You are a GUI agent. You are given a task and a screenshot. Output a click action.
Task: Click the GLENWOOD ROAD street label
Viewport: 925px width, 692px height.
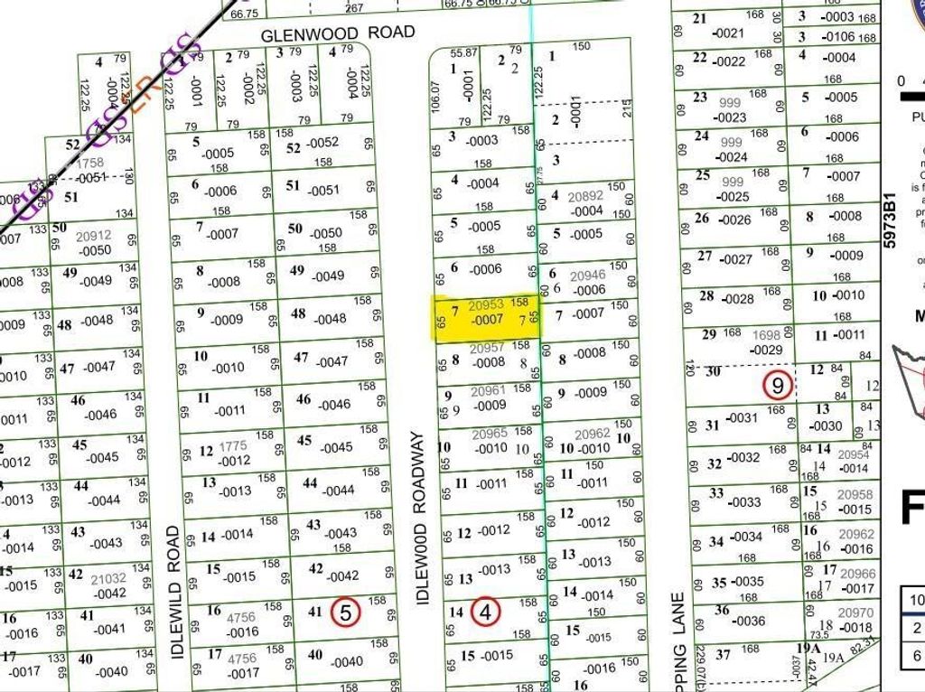tap(338, 33)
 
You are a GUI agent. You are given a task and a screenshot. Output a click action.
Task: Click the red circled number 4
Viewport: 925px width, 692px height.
tap(486, 612)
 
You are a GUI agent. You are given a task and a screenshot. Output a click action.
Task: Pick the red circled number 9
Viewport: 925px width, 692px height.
tap(778, 385)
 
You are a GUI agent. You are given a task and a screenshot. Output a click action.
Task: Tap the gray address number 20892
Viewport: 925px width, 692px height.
tap(584, 196)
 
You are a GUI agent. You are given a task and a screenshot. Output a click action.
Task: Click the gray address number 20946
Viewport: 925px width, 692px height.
tap(589, 276)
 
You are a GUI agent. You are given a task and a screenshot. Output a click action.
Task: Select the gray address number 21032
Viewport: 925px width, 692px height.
tap(109, 578)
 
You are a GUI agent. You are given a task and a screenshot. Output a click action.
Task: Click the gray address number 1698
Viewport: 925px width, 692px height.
tap(766, 335)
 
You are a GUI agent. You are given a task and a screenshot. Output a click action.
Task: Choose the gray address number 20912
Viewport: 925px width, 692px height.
tap(94, 236)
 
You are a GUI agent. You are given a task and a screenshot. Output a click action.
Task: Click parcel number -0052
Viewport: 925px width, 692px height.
tap(322, 143)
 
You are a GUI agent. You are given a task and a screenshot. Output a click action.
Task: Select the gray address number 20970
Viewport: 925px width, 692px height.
tap(857, 613)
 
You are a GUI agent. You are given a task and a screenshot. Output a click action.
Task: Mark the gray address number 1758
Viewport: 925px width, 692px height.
tap(89, 164)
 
